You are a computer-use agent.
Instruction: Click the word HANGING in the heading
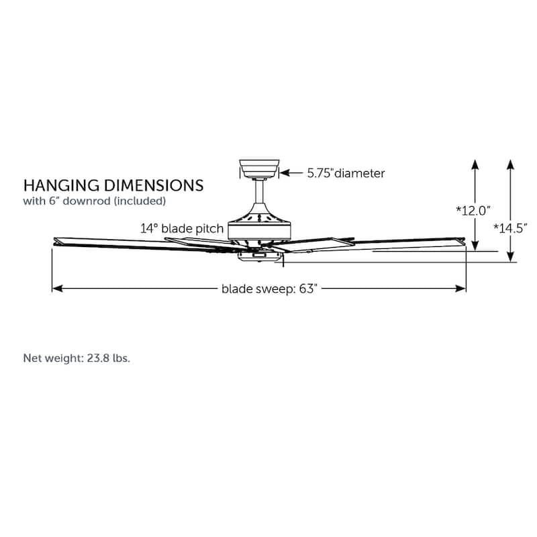point(62,186)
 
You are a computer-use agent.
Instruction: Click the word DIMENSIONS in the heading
point(154,186)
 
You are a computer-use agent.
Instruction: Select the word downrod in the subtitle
point(87,201)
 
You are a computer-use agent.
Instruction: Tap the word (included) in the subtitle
point(140,201)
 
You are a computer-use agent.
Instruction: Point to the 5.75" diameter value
point(320,173)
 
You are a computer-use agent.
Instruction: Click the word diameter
point(360,173)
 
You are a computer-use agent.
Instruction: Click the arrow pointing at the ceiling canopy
point(291,173)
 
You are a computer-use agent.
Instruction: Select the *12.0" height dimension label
point(473,210)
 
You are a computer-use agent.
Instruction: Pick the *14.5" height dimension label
point(510,228)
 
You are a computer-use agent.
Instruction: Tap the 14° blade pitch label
point(182,228)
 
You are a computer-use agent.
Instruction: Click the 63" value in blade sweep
point(308,289)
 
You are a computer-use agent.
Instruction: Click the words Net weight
point(53,358)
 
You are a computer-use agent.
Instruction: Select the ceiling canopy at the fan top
point(259,169)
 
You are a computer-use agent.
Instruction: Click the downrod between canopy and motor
point(259,191)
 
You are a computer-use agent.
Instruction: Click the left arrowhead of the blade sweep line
point(58,289)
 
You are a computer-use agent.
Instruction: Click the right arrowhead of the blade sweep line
point(460,289)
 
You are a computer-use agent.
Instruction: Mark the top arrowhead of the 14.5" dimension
point(510,164)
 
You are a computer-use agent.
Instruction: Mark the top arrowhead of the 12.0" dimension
point(475,164)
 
